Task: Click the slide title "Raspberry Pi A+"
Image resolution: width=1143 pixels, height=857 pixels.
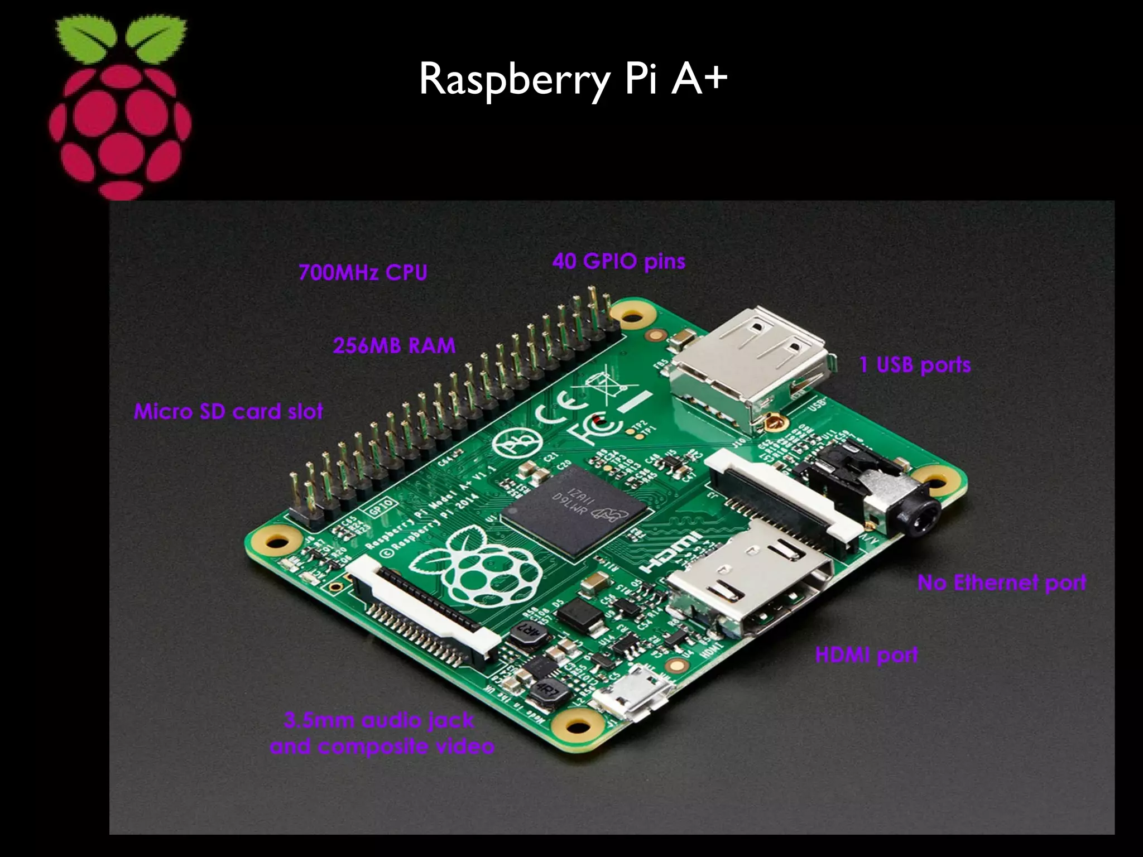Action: point(573,80)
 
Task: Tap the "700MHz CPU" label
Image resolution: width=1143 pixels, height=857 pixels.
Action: point(363,272)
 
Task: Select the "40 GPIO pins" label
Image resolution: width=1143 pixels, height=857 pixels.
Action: point(619,261)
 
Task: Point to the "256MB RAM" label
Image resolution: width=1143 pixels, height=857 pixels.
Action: point(394,346)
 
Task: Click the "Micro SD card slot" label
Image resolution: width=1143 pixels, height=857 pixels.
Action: point(228,412)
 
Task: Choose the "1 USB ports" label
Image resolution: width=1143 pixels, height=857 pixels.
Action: point(915,365)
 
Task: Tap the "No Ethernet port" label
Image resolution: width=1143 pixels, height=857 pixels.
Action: point(1002,582)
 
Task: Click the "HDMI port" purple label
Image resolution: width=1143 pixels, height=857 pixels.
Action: point(866,654)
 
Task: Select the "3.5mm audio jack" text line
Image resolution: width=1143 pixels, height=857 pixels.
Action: point(379,720)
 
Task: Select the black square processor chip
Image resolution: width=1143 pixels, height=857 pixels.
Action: point(575,508)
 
